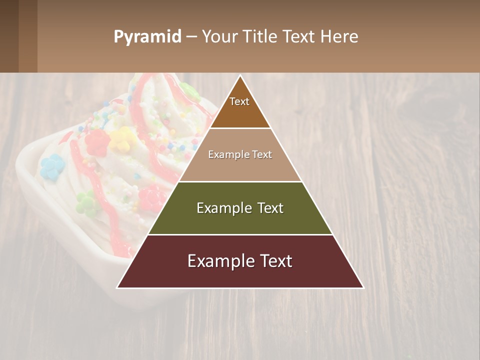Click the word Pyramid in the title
147,37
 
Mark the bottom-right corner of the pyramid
363,287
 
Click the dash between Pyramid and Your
191,37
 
